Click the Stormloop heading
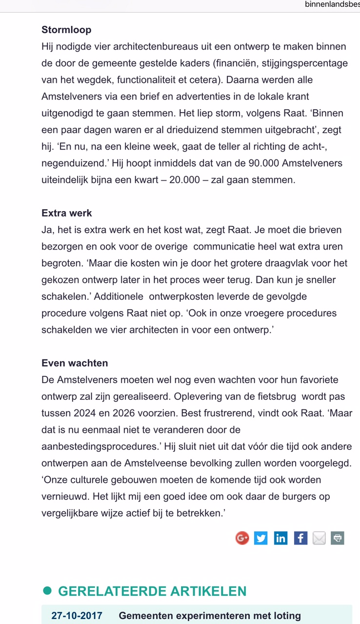[66, 30]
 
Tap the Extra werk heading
[67, 213]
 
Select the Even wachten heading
[75, 363]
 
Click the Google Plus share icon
[242, 538]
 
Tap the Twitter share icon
[261, 538]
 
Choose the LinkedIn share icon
[280, 538]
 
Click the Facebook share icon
[300, 538]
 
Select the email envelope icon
[319, 538]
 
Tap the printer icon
[338, 538]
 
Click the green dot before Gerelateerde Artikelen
[47, 591]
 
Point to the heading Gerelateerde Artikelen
[152, 591]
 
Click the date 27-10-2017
[77, 616]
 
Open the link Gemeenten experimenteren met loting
[210, 616]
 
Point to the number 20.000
[184, 180]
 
